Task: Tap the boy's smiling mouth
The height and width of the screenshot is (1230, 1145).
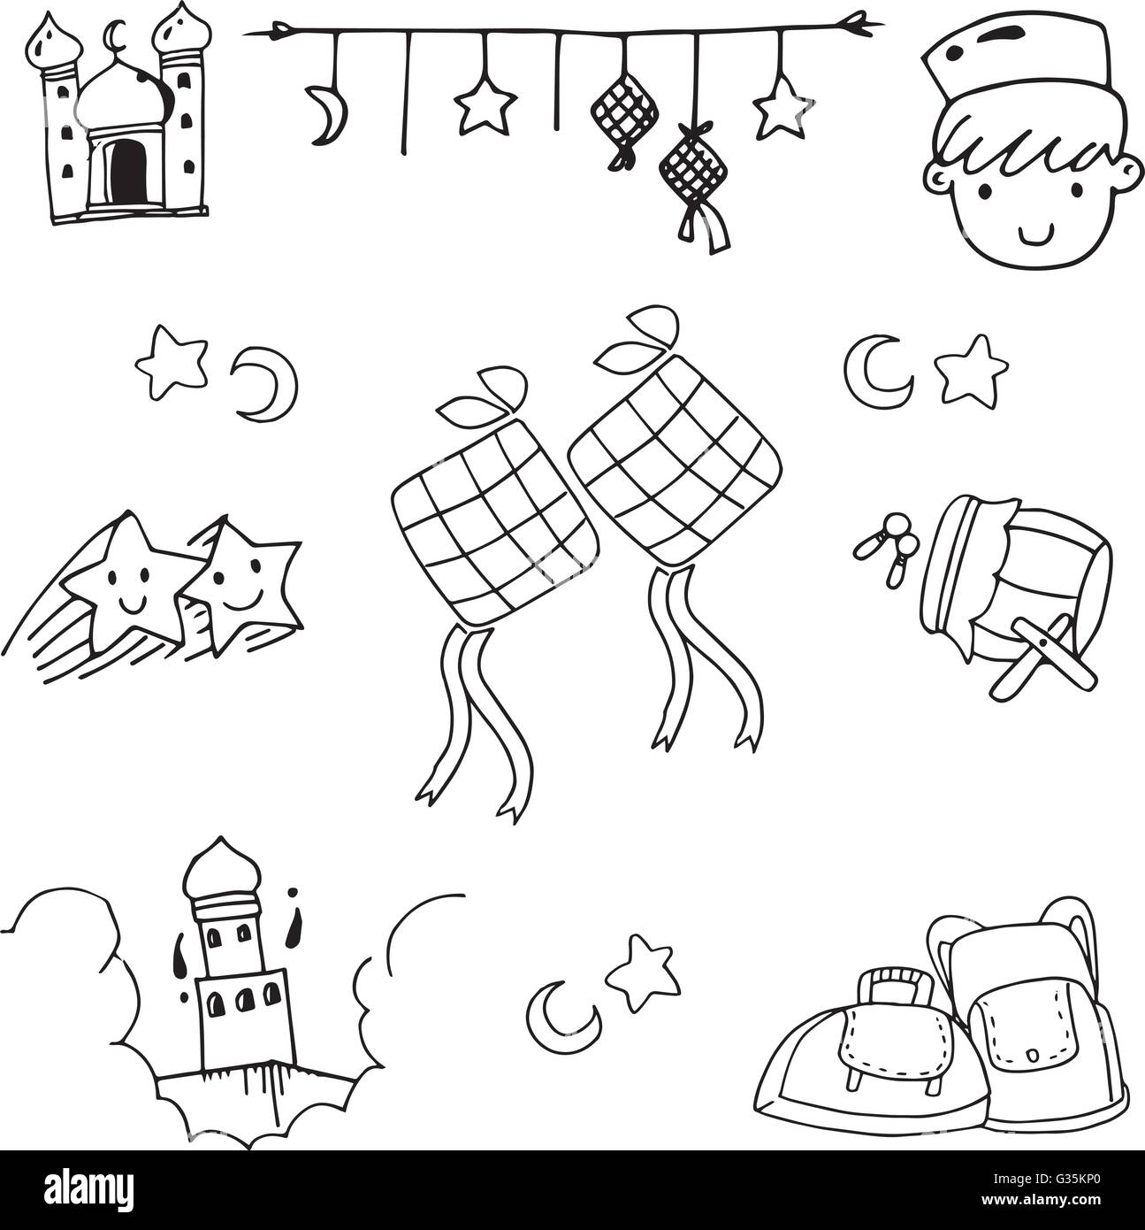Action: tap(1034, 234)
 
